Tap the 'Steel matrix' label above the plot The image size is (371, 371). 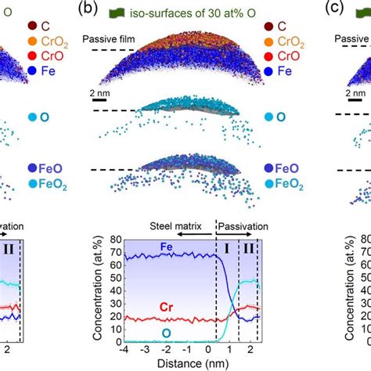pyautogui.click(x=175, y=225)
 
